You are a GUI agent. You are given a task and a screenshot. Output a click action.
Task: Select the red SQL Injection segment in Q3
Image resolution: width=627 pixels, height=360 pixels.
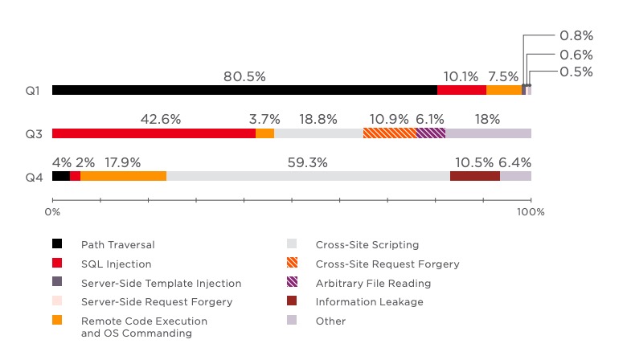154,133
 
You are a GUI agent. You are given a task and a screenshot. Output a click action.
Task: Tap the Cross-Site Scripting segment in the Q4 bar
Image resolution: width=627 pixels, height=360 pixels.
308,176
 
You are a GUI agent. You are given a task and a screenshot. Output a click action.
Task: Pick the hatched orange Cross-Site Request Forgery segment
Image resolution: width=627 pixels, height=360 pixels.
390,133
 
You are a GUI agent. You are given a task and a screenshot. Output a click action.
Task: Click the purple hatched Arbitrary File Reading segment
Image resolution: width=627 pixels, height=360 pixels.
431,133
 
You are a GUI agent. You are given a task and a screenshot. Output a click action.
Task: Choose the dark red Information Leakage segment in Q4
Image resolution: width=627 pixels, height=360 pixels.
475,176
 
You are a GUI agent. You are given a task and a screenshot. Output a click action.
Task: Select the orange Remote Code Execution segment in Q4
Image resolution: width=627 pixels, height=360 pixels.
124,176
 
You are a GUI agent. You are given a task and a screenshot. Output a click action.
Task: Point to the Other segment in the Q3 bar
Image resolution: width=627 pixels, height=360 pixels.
488,133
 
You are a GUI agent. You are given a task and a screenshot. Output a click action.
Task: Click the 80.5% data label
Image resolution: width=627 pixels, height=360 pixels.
244,76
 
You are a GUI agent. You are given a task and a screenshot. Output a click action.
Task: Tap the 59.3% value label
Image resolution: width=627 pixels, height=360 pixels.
308,162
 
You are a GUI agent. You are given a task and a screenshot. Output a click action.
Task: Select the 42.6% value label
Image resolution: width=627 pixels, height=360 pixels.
161,119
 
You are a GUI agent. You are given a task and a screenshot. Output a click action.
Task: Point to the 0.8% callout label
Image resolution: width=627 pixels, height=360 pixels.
576,35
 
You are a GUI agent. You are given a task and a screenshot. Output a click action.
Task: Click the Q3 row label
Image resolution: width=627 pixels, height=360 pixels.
33,134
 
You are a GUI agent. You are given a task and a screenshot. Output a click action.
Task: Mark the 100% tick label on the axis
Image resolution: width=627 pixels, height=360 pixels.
531,212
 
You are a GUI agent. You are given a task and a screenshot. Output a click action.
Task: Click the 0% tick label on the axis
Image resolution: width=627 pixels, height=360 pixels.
53,212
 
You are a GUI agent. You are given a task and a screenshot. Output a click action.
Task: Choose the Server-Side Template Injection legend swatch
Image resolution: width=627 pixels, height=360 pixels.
57,283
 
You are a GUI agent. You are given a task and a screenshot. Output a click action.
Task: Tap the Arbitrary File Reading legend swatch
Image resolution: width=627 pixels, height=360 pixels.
292,283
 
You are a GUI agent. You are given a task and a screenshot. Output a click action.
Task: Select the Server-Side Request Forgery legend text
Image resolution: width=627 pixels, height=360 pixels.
157,302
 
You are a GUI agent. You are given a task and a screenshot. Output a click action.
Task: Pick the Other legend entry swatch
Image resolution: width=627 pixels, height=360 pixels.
292,321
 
